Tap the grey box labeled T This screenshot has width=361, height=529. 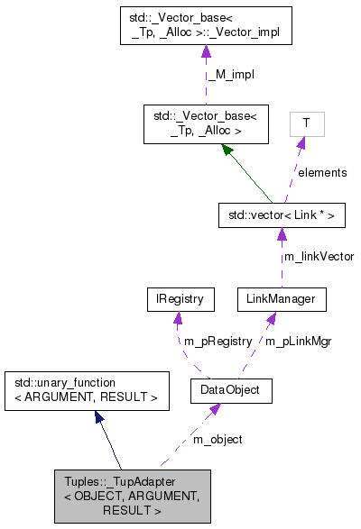tap(307, 123)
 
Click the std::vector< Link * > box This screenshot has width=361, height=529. tap(282, 215)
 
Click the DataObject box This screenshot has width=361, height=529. tap(231, 390)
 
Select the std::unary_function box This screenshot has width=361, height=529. tap(86, 390)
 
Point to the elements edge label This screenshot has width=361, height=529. tap(321, 171)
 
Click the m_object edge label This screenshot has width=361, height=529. tap(218, 439)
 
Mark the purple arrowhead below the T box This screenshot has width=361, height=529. tap(302, 144)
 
